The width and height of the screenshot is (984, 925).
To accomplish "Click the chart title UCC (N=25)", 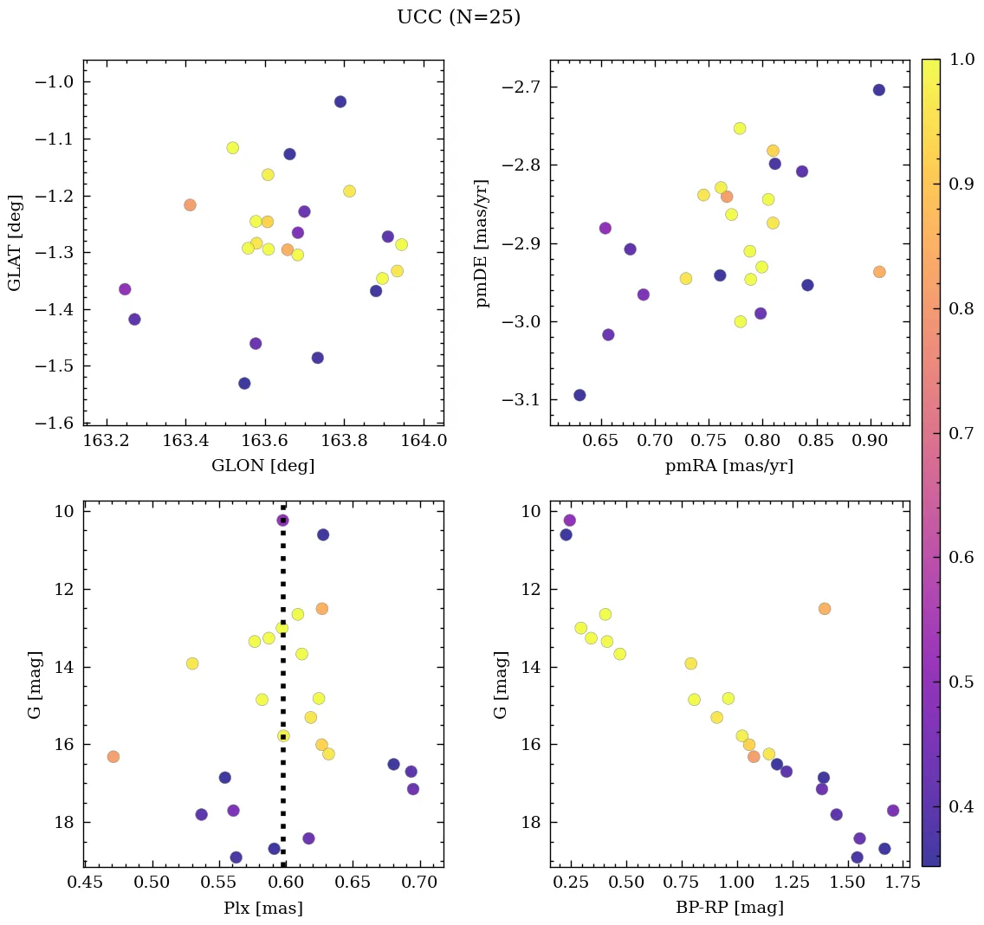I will (458, 17).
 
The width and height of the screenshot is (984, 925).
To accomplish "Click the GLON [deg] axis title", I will (262, 466).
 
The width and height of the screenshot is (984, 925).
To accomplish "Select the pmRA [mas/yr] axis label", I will (728, 466).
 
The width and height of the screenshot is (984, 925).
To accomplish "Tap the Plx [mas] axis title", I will (262, 908).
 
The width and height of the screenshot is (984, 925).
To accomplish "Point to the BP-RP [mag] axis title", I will (728, 908).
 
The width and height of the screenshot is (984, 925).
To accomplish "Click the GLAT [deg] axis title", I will (15, 243).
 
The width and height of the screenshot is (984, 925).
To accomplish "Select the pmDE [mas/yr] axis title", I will (482, 243).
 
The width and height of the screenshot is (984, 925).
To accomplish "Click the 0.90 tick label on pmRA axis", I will (870, 441).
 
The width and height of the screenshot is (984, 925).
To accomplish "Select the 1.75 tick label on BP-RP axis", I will (891, 883).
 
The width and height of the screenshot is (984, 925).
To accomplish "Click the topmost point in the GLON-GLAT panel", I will (340, 101).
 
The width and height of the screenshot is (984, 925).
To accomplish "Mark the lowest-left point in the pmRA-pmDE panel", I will (579, 395).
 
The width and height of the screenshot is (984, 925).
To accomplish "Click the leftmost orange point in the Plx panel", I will (113, 756).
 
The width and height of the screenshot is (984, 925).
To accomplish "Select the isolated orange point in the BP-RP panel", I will (824, 608).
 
